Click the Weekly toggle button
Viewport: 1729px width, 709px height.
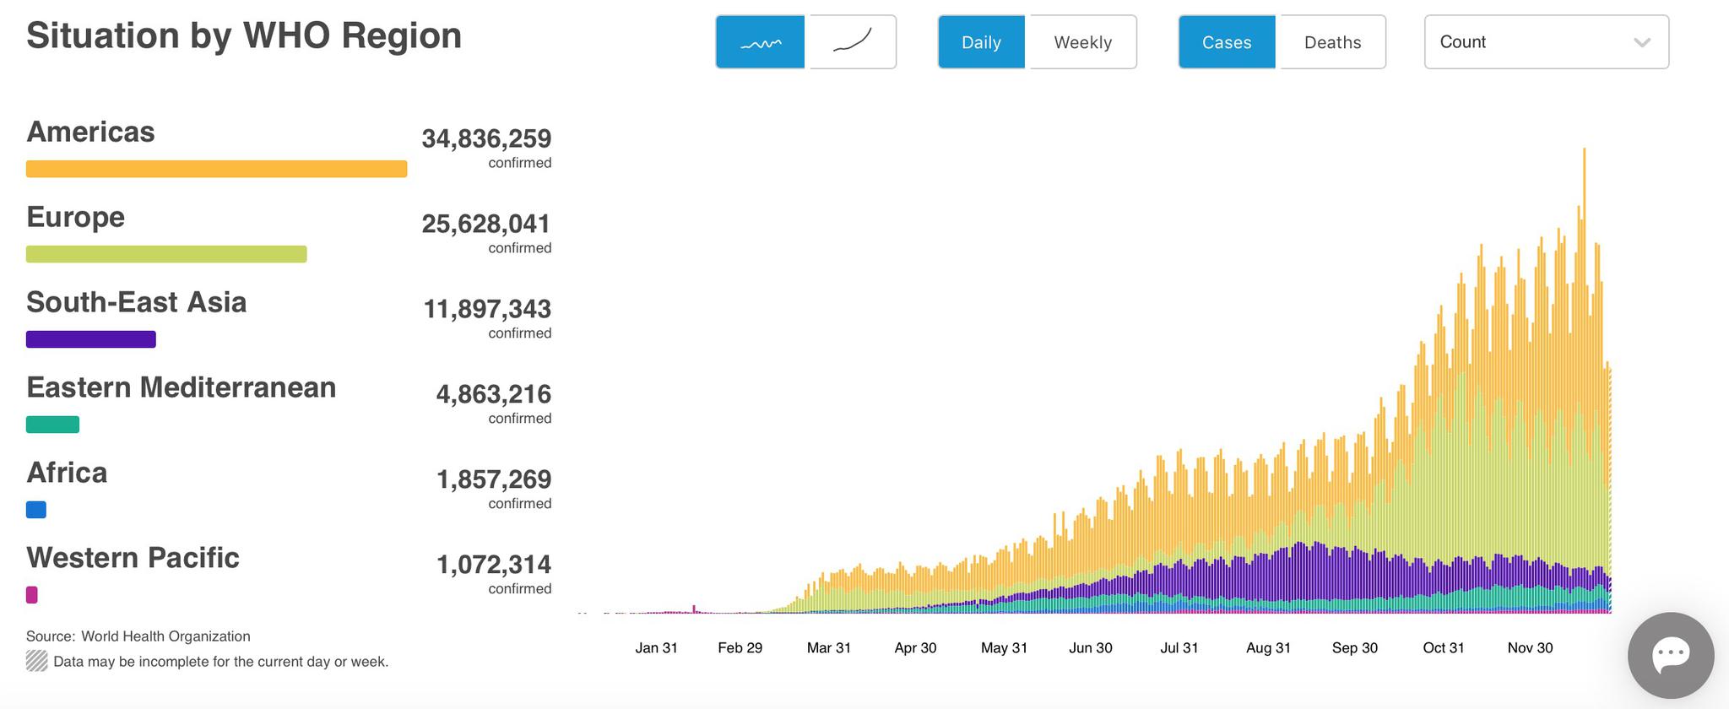coord(1082,42)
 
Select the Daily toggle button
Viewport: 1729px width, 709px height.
coord(981,42)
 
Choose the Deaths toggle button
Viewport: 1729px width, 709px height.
coord(1332,42)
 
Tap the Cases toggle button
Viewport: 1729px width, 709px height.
coord(1227,42)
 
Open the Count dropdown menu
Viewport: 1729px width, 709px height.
coord(1546,42)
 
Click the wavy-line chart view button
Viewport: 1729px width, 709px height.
coord(760,42)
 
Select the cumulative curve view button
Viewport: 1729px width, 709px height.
coord(853,42)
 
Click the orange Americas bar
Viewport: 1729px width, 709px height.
coord(216,169)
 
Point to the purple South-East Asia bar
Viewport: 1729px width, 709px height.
coord(91,339)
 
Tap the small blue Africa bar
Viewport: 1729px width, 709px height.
coord(36,510)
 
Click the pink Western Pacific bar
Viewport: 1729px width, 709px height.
coord(32,595)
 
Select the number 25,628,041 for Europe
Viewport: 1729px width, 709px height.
coord(486,224)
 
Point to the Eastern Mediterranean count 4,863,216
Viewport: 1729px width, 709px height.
coord(493,394)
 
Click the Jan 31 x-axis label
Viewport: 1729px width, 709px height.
coord(656,648)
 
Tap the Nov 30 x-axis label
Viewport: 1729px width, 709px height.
coord(1530,648)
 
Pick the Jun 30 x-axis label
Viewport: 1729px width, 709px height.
coord(1090,648)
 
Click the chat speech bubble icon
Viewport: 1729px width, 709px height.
coord(1670,655)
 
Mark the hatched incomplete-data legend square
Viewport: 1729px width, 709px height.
coord(36,661)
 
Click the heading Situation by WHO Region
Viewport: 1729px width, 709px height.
coord(244,36)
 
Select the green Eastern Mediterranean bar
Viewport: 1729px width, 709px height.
coord(52,425)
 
